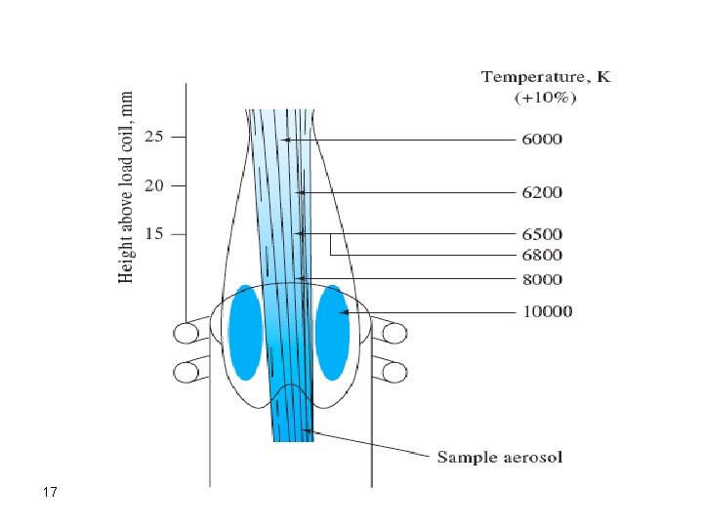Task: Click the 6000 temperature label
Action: point(541,140)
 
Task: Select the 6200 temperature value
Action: point(541,192)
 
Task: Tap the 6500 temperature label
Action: point(541,234)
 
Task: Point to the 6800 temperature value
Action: point(541,255)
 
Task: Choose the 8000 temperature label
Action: point(541,280)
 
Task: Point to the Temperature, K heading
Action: point(546,77)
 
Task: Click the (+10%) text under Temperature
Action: point(546,98)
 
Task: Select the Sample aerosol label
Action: point(499,456)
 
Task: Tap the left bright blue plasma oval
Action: point(244,332)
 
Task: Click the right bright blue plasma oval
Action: point(333,332)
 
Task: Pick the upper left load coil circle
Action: point(186,334)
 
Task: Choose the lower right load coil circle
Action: point(393,372)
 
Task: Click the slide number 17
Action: point(51,493)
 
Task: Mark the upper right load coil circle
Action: point(393,334)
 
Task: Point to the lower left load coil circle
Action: point(186,372)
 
